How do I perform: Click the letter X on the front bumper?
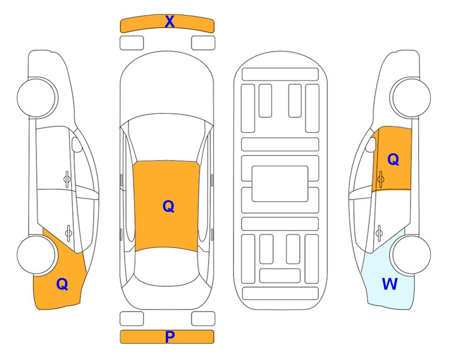(x=170, y=22)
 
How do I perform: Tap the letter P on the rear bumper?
(x=170, y=337)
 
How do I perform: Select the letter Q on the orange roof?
(x=168, y=206)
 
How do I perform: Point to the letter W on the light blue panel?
(x=390, y=284)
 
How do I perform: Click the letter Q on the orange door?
(x=393, y=159)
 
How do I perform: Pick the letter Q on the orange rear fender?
(x=62, y=284)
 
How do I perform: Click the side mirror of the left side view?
(x=77, y=144)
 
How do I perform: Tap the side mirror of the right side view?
(x=370, y=144)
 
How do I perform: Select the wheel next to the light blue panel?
(x=410, y=255)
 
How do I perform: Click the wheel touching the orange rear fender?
(x=37, y=255)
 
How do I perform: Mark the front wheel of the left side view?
(x=37, y=98)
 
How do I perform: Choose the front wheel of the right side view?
(x=410, y=98)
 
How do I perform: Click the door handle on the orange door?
(x=380, y=179)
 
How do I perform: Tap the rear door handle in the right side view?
(x=379, y=232)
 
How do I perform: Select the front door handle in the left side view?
(x=67, y=179)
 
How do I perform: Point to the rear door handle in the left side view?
(x=68, y=232)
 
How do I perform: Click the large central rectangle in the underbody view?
(x=280, y=184)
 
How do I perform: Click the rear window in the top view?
(x=167, y=266)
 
